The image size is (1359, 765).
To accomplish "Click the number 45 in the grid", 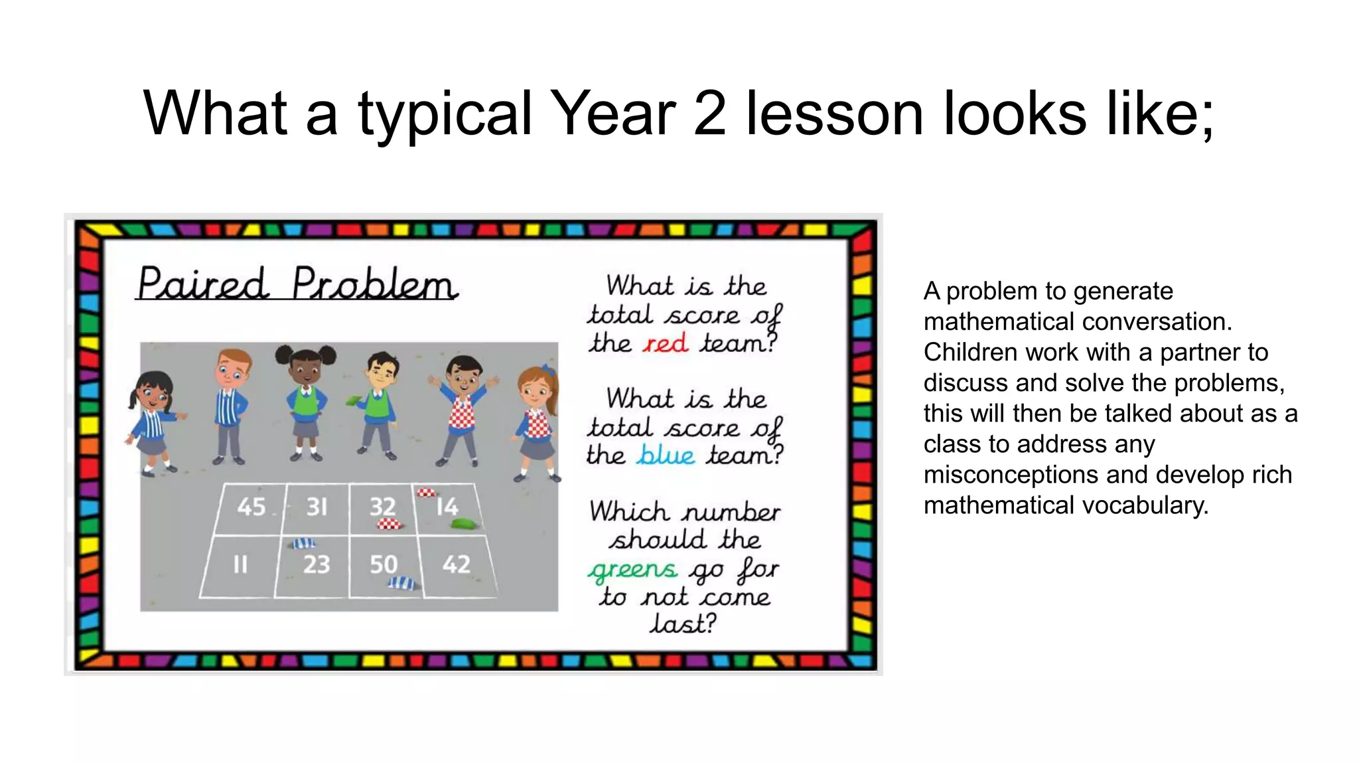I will [x=251, y=507].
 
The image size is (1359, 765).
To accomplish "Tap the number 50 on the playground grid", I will [x=383, y=564].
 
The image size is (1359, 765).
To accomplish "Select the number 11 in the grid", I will [x=240, y=564].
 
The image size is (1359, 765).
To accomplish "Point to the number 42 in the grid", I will [x=456, y=564].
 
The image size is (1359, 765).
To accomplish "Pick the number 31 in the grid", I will [x=317, y=507].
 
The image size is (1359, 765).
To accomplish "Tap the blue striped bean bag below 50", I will [x=402, y=584].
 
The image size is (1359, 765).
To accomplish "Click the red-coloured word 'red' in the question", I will [x=665, y=344].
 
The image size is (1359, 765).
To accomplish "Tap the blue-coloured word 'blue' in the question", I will [x=666, y=456].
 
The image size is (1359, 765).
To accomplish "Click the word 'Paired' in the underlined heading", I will [x=203, y=284].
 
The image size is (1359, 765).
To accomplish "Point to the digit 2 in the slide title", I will [x=709, y=113].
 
